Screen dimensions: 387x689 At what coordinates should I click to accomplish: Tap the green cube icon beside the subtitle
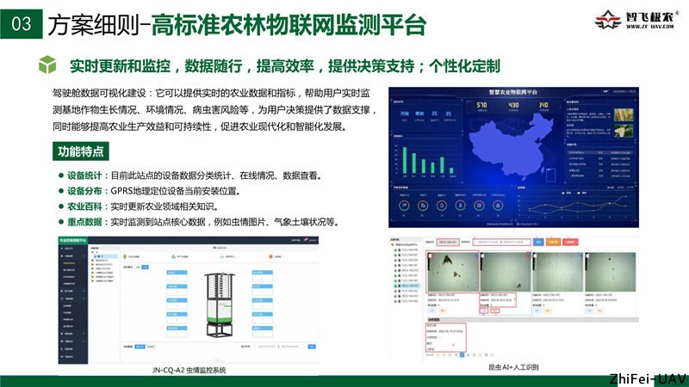pos(50,65)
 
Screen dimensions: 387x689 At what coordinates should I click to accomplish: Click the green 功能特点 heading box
pos(81,152)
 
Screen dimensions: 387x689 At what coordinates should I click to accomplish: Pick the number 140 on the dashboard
pos(543,106)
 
